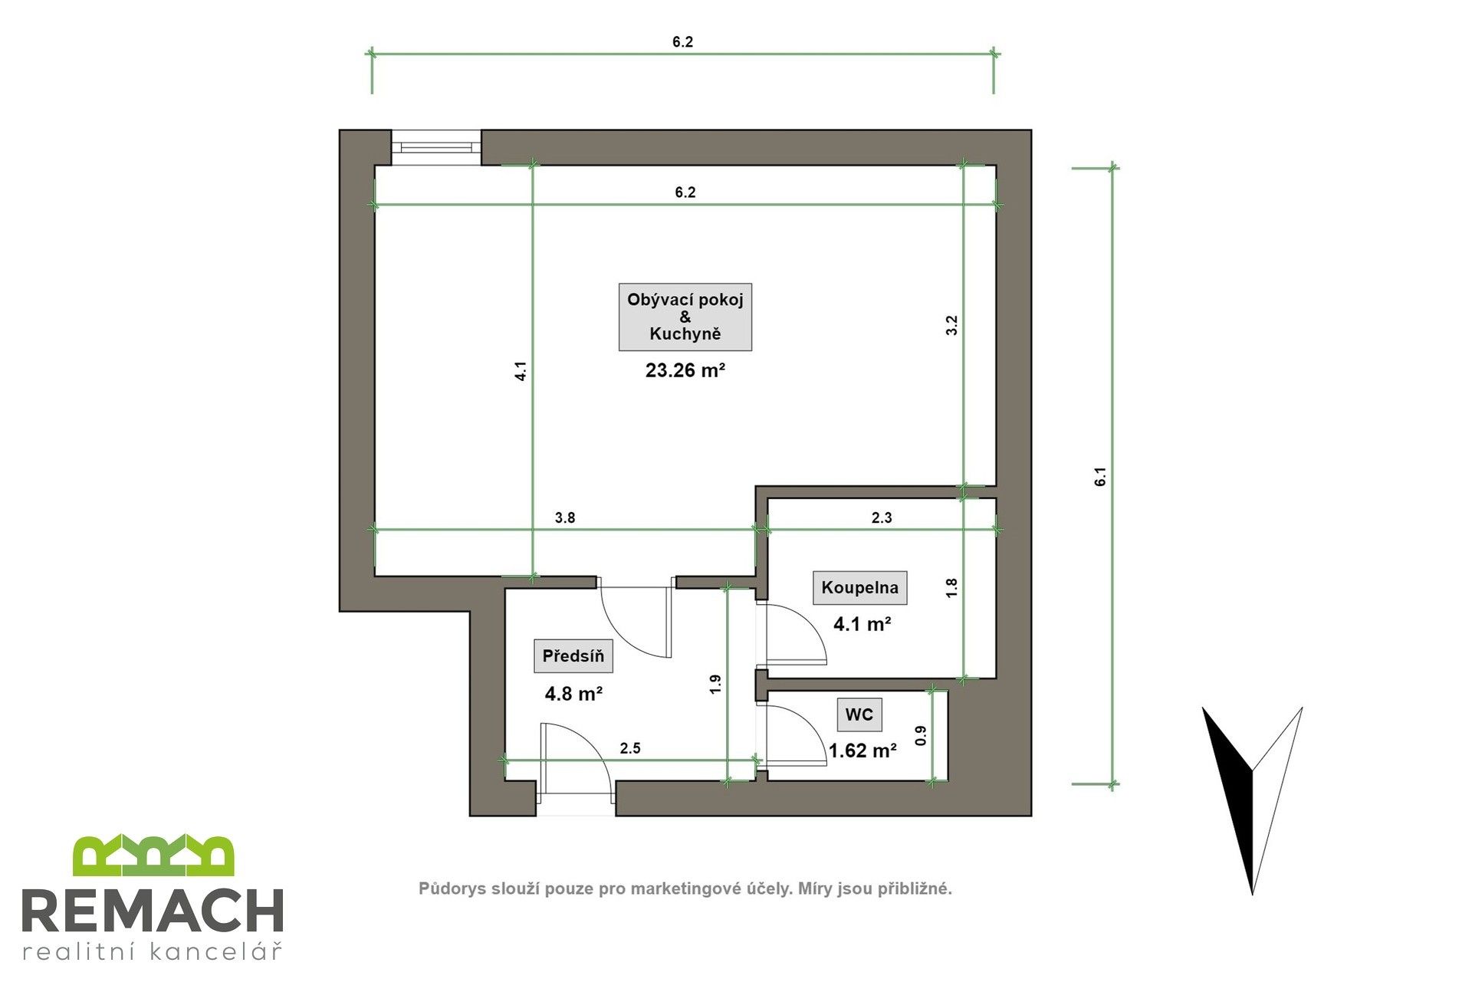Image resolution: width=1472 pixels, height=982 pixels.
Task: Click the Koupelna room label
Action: point(859,588)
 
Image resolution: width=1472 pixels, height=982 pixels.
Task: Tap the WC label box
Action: point(859,714)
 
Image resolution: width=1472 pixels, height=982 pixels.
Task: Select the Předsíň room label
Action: point(573,656)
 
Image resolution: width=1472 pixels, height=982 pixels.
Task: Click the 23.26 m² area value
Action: point(685,371)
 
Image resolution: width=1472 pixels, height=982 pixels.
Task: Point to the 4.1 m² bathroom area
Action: point(862,624)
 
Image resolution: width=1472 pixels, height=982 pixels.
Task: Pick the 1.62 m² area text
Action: point(863,751)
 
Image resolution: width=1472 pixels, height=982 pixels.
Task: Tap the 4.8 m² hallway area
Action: point(573,695)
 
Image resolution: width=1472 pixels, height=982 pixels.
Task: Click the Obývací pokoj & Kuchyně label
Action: point(685,317)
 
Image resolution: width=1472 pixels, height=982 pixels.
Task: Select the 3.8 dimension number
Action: point(565,518)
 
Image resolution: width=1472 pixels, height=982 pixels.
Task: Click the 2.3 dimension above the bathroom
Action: point(882,518)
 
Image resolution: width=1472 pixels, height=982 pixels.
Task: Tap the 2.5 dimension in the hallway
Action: point(630,748)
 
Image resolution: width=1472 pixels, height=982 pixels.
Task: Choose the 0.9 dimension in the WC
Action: point(922,736)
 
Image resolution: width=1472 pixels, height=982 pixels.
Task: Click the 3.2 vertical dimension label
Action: point(951,326)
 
